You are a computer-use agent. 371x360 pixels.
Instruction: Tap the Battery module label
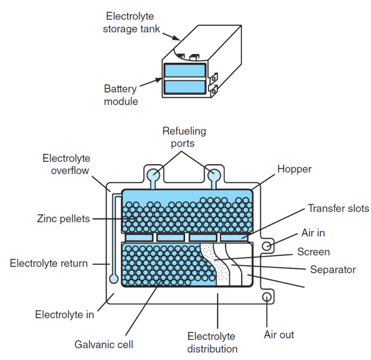(121, 95)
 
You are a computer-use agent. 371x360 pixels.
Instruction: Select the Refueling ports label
(184, 137)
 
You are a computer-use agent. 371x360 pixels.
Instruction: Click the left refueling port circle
(155, 174)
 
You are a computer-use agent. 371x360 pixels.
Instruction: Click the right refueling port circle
(213, 174)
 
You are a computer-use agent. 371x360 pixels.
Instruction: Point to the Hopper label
(294, 169)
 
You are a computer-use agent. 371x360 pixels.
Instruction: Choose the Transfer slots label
(338, 208)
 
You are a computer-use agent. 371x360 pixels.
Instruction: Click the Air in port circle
(266, 246)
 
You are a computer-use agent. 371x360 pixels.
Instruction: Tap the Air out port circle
(266, 296)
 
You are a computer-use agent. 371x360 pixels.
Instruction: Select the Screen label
(314, 252)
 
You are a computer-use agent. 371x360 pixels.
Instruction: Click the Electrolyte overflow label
(66, 165)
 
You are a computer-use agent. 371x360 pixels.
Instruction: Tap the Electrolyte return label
(49, 263)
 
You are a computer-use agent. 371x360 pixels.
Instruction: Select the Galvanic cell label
(104, 345)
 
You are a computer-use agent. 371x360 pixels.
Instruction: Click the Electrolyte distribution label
(212, 342)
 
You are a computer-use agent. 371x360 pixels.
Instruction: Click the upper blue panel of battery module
(185, 71)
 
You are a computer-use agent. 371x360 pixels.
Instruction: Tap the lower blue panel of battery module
(185, 87)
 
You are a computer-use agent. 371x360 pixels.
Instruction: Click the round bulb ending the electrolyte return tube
(114, 279)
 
